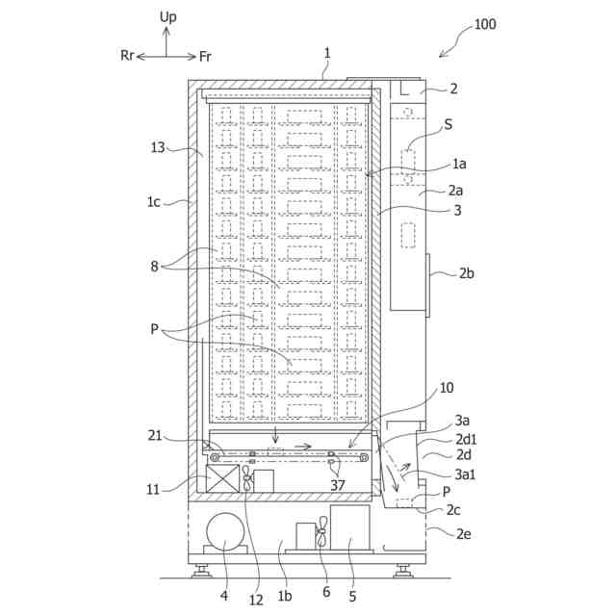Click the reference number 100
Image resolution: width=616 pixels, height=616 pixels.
tap(485, 24)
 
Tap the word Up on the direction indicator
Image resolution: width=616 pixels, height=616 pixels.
tap(167, 17)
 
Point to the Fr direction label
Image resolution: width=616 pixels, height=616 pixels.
tap(206, 56)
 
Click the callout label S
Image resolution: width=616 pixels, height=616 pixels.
tap(449, 124)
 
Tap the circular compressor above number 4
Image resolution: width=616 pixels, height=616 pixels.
tap(224, 533)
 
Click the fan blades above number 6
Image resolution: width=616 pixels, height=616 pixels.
tap(324, 534)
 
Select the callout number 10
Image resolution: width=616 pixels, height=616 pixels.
tap(446, 388)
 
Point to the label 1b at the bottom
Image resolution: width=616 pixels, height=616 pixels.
tap(285, 596)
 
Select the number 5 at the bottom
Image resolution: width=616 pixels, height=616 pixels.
tap(352, 597)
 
